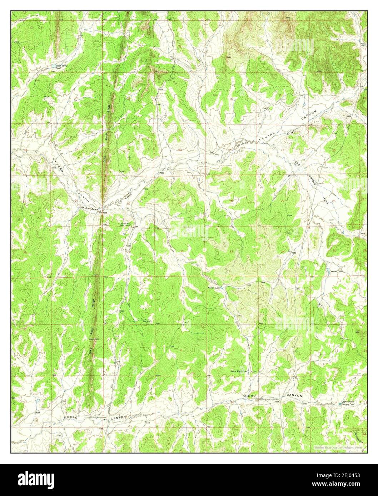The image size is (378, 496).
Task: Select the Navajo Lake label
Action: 213,287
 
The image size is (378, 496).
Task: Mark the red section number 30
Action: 128,203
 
